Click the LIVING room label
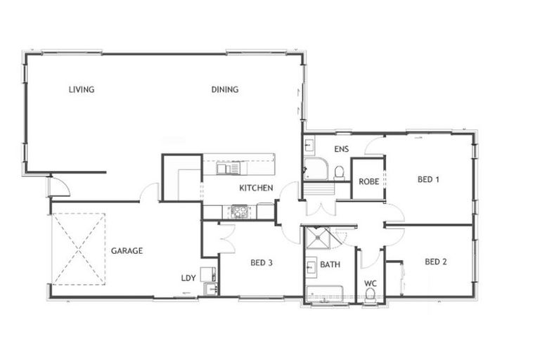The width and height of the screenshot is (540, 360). pos(82,89)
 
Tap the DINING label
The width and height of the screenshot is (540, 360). pos(225,89)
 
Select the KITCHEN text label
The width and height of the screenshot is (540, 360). pos(256,188)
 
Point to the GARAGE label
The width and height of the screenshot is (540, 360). pos(127,250)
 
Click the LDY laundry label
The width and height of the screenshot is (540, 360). pos(188,278)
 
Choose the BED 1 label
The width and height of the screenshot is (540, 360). pos(428,179)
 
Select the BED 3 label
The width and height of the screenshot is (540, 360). pos(261,264)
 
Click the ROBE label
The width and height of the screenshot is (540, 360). pos(368,181)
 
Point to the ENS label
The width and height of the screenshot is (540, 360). pos(342,149)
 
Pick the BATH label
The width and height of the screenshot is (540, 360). pos(330,265)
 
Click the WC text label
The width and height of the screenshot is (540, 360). pos(371,284)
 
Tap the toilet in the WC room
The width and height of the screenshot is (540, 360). pos(371,295)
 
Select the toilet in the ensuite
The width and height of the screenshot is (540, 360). pos(339,172)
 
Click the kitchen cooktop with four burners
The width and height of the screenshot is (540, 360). pos(240,210)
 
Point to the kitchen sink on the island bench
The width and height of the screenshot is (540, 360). pos(228,168)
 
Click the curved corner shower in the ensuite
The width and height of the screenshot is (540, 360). pos(315,169)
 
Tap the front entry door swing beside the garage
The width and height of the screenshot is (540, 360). pos(58,186)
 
